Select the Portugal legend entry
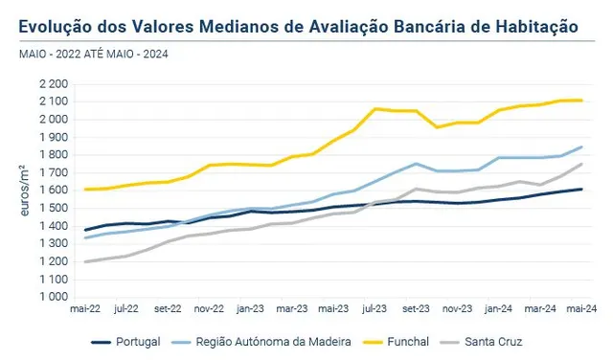(125, 342)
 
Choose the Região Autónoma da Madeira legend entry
(261, 342)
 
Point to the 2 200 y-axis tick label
(54, 84)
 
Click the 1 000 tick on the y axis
(54, 297)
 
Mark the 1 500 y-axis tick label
(54, 209)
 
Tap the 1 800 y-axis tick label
(54, 155)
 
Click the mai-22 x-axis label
(85, 309)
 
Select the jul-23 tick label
(375, 309)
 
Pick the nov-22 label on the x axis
(209, 309)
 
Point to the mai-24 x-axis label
(581, 309)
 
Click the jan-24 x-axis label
(498, 309)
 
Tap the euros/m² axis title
(24, 191)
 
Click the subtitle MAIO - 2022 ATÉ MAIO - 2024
(94, 54)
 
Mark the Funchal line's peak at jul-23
(375, 108)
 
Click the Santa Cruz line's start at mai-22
(85, 261)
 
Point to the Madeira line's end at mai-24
(581, 147)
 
